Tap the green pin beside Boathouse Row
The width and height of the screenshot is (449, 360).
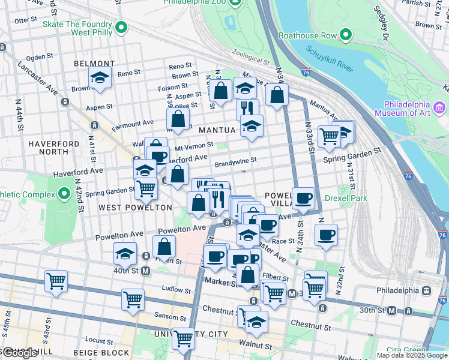coord(346,35)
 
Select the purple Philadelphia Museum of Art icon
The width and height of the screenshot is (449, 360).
coord(440,107)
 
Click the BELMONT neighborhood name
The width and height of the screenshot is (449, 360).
coord(94,64)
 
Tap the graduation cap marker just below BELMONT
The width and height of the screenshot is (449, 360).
coord(100,78)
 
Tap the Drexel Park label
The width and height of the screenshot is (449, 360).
coord(345,198)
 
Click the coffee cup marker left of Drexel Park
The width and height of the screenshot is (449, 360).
coord(304,199)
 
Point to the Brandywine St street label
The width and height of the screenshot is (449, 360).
coord(235,160)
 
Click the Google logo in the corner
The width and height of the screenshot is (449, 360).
coord(19,353)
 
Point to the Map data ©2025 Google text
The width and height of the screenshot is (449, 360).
coord(411,355)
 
